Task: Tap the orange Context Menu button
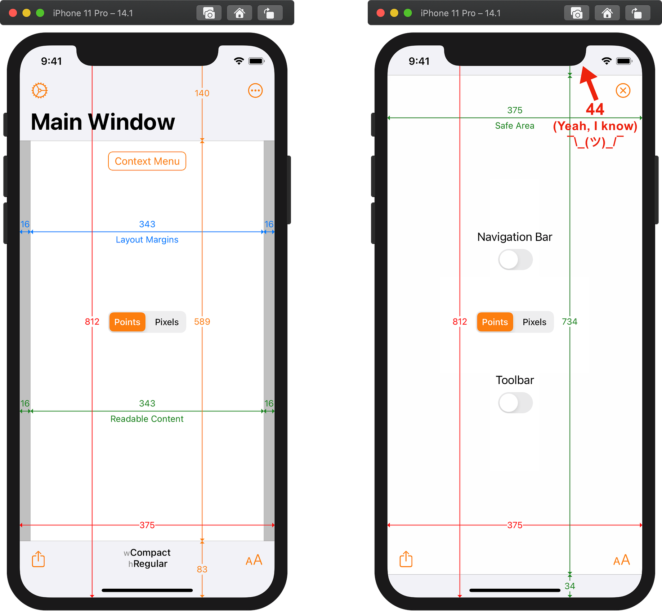147,161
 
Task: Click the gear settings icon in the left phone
40,90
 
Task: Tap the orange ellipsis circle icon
255,90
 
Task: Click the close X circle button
623,90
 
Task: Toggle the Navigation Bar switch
515,260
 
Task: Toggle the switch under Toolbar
515,403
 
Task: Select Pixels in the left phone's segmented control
167,322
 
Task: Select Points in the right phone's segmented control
495,322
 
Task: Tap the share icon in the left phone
39,559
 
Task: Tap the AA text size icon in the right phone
622,560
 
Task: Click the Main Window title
103,122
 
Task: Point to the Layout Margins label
147,240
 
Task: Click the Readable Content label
147,419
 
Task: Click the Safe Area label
514,126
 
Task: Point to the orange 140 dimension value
202,93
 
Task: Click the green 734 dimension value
569,322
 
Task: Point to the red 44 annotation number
595,109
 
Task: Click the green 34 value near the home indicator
570,586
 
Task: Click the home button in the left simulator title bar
240,13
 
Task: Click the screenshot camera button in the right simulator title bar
576,13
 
